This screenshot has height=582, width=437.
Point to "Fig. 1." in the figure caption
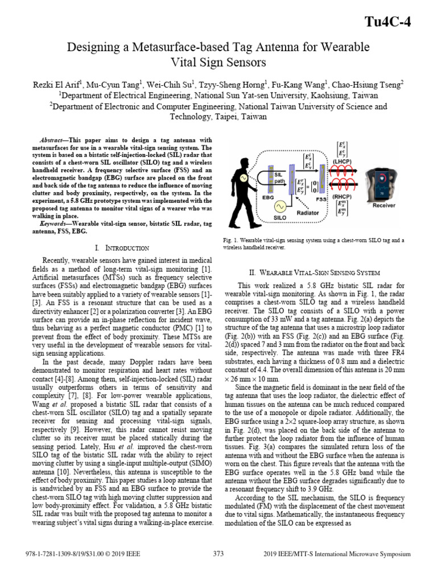tap(232, 240)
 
